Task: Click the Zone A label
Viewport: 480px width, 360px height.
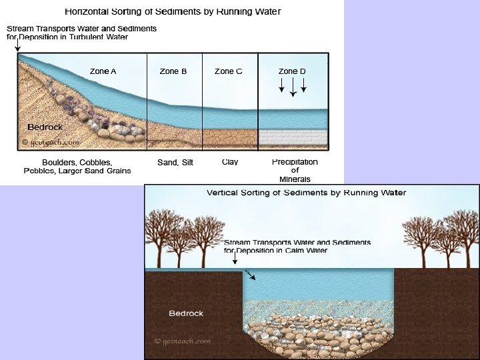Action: click(103, 71)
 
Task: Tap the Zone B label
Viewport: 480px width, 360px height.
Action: click(173, 71)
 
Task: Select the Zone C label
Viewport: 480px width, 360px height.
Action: click(229, 71)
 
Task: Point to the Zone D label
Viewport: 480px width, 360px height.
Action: click(292, 71)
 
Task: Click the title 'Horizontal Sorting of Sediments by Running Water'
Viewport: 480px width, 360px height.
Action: click(173, 11)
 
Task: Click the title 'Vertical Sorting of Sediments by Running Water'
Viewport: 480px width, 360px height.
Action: click(307, 193)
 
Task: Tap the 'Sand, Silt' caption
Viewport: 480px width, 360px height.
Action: click(175, 163)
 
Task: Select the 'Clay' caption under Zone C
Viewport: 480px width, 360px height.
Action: click(230, 162)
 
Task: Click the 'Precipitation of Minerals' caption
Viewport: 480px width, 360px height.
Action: click(295, 170)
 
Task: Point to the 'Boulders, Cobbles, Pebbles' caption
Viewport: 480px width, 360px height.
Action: click(77, 166)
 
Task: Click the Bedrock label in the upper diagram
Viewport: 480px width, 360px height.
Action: click(45, 127)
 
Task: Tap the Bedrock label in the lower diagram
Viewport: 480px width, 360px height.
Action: click(186, 313)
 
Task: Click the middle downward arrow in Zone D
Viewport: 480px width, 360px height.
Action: click(293, 87)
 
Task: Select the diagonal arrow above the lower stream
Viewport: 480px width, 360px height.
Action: click(249, 274)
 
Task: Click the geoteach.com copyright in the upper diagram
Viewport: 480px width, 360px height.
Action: click(51, 142)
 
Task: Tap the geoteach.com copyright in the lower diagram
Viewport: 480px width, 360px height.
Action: click(183, 341)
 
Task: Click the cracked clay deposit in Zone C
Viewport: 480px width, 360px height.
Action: click(229, 138)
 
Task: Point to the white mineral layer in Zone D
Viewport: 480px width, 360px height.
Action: click(293, 137)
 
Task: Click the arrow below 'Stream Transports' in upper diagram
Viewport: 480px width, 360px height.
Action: click(17, 46)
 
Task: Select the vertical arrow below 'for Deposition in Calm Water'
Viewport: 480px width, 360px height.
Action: click(234, 257)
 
